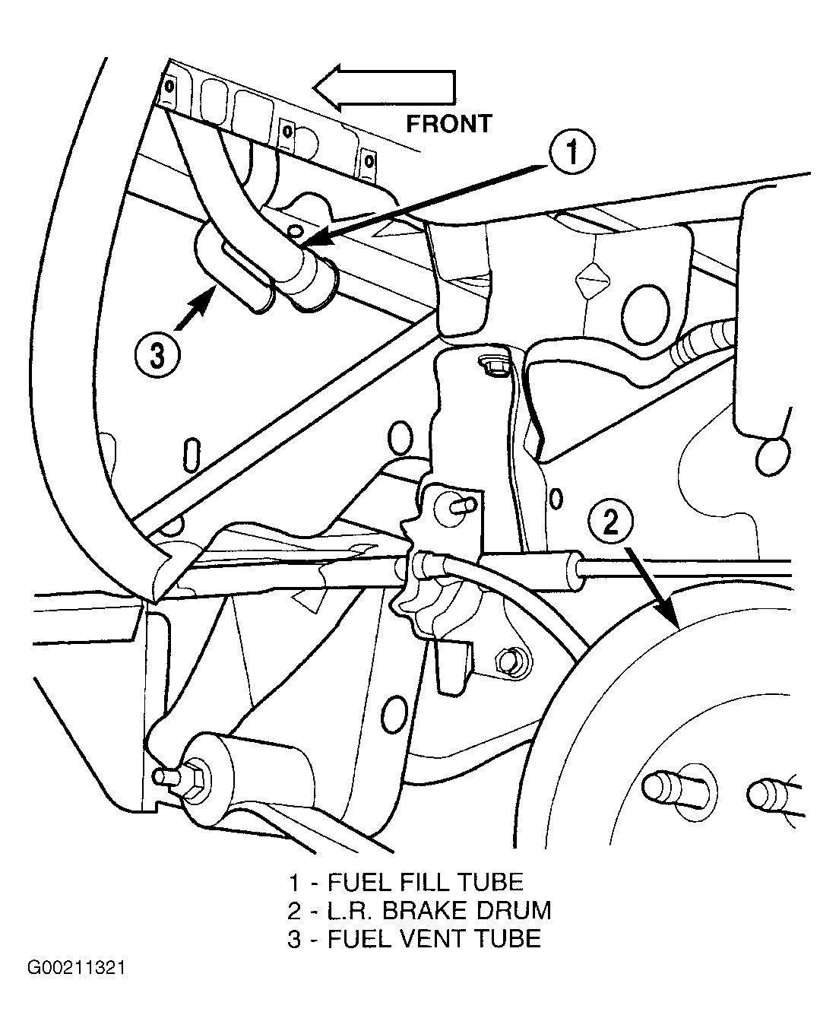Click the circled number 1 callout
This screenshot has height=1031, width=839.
(571, 152)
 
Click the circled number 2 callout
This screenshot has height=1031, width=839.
(610, 523)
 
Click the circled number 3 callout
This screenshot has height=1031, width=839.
(158, 358)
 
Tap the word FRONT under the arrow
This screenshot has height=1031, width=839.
(448, 124)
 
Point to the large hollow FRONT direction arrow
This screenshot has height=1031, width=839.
(385, 87)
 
